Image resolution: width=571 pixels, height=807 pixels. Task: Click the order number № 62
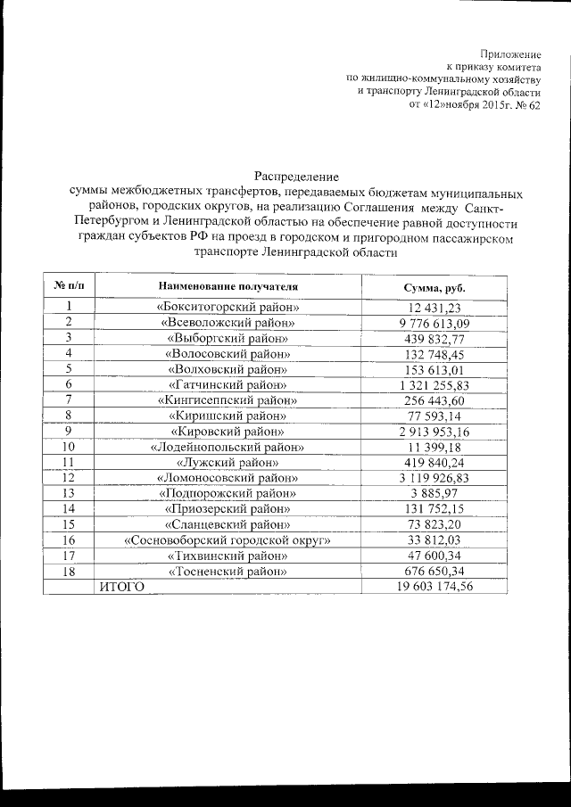click(x=525, y=104)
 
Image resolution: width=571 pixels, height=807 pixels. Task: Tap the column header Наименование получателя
click(x=228, y=288)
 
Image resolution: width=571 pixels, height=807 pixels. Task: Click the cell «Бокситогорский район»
click(x=228, y=308)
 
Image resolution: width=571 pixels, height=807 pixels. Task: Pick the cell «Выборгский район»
click(x=228, y=338)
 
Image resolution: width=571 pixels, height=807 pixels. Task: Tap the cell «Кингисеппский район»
click(x=228, y=400)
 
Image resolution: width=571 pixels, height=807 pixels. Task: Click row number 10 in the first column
click(x=68, y=447)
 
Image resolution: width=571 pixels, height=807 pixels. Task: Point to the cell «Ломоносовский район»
click(x=228, y=478)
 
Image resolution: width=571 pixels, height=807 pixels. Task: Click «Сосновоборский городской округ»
click(x=228, y=540)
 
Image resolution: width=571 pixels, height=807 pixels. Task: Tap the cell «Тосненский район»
click(x=228, y=571)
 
